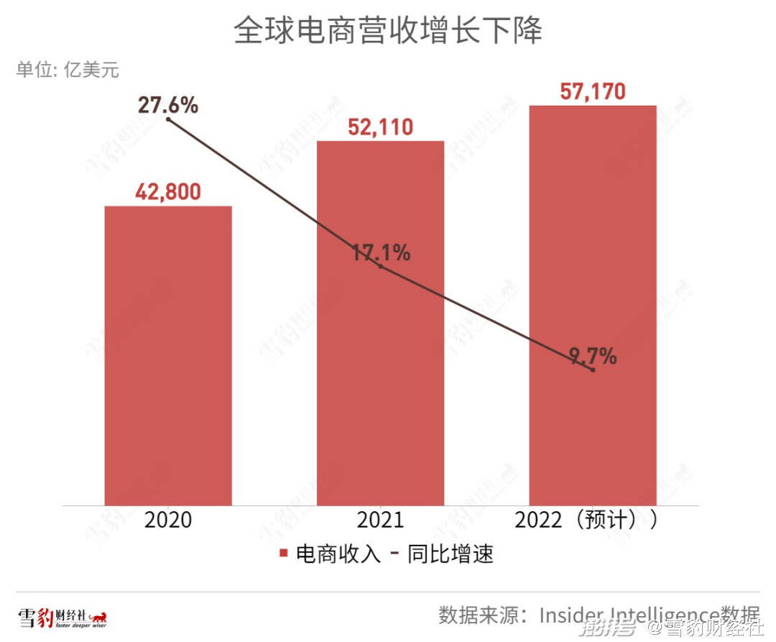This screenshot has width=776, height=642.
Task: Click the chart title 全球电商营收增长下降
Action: click(388, 32)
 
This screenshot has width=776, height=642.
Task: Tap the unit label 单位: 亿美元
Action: click(68, 70)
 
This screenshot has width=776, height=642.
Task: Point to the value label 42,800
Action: click(168, 192)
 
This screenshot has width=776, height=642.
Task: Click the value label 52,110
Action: click(380, 127)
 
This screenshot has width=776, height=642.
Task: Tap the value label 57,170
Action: click(593, 91)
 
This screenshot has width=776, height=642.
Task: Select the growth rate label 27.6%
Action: click(168, 105)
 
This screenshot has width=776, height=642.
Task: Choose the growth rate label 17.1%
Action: click(381, 252)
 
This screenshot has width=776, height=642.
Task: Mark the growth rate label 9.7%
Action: click(593, 356)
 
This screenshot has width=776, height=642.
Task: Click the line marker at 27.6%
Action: click(168, 119)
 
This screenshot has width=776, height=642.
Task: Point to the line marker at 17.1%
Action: click(380, 267)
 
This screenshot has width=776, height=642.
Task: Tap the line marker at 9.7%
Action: click(593, 370)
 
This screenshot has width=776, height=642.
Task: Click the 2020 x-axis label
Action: click(168, 520)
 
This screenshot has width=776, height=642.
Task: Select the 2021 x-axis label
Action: click(380, 520)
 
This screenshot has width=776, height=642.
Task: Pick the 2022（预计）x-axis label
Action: click(586, 520)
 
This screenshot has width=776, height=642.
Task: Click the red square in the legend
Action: click(284, 554)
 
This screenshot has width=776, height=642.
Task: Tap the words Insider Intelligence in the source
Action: click(629, 615)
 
